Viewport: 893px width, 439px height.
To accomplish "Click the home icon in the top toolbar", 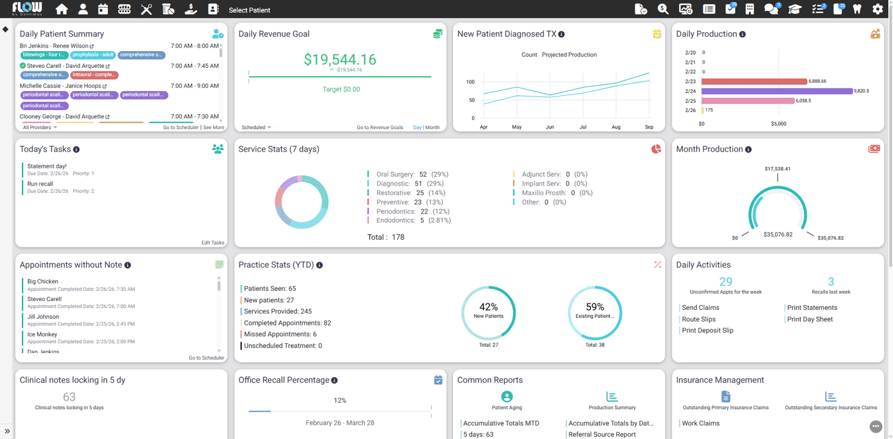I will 61,10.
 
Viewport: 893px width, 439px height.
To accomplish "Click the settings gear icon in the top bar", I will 878,10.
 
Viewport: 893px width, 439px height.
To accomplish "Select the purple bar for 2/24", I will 776,91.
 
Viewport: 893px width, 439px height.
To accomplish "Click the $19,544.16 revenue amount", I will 340,59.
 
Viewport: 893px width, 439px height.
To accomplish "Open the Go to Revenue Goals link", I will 380,127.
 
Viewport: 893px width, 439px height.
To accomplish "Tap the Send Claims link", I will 700,308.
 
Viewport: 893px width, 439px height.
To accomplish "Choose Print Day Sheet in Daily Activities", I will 810,319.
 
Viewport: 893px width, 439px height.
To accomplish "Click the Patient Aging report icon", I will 507,397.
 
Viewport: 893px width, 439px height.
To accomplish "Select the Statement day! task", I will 47,167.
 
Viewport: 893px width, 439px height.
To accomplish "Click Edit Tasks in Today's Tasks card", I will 213,243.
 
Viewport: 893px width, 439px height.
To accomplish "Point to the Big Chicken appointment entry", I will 43,281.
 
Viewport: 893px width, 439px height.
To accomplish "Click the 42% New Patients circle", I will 488,313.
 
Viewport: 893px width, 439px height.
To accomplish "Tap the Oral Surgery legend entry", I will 395,174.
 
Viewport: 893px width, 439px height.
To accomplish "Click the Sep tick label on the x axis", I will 649,127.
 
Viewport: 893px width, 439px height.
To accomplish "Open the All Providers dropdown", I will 40,127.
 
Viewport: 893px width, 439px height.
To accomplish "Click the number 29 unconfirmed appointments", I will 726,282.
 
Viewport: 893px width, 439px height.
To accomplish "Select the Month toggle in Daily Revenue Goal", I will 432,127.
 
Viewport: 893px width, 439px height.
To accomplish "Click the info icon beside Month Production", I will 748,150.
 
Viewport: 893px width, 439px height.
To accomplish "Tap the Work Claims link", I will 701,424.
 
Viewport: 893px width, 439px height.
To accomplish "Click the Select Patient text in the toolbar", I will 249,10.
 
